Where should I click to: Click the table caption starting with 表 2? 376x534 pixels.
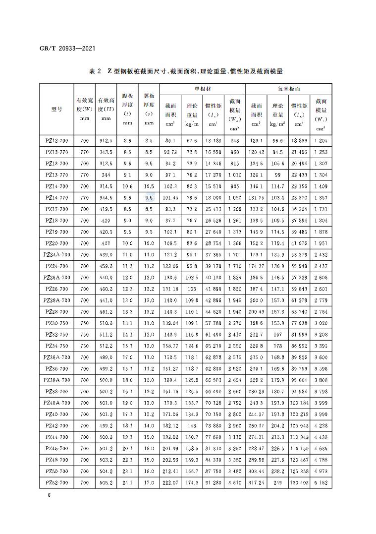coord(186,71)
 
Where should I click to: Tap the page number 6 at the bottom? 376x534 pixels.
coord(43,494)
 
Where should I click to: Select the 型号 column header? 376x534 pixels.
coord(56,109)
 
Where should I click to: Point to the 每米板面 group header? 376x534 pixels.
coord(288,89)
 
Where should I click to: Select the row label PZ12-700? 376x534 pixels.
coord(56,141)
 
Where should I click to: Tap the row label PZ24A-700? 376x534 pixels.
coord(56,254)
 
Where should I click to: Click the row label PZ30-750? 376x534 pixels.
coord(56,323)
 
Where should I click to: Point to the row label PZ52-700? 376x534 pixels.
coord(56,482)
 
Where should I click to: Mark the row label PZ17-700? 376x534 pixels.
coord(56,209)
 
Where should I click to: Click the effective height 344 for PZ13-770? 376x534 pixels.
coord(106,175)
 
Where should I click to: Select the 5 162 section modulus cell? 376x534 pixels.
coord(320,482)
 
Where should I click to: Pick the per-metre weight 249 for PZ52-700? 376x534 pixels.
coord(277,482)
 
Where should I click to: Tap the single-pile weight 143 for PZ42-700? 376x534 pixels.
coord(192,425)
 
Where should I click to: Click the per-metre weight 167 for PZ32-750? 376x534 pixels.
coord(277,334)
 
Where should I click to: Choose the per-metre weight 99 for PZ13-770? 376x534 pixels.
coord(277,175)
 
